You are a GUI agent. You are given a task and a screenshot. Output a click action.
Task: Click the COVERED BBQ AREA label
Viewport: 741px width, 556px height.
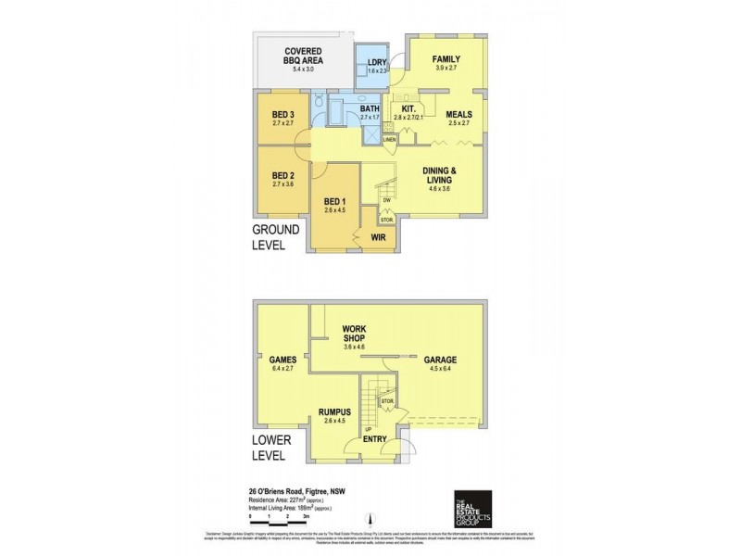coord(303,55)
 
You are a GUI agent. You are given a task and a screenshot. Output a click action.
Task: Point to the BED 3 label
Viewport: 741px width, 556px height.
coord(283,115)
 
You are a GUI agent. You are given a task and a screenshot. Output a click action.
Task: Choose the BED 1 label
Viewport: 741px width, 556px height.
coord(333,203)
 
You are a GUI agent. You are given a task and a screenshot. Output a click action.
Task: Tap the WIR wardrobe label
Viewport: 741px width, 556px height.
coord(378,238)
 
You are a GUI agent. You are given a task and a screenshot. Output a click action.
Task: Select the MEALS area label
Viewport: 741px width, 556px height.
coord(459,115)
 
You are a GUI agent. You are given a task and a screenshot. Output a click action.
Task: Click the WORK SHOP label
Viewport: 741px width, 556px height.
coord(356,334)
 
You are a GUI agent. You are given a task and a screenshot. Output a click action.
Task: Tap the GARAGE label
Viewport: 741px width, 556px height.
coord(440,360)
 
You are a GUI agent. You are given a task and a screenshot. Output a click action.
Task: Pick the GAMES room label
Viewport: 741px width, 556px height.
coord(282,360)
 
